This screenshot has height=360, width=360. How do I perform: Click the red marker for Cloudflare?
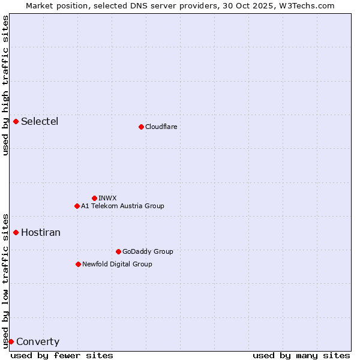click(141, 127)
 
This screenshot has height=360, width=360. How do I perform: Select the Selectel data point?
click(16, 121)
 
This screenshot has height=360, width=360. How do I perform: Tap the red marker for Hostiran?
click(16, 232)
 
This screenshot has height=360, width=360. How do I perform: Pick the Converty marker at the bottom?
click(11, 341)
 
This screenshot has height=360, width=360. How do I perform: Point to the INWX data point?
click(94, 198)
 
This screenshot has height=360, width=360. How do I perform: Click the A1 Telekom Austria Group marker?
click(77, 206)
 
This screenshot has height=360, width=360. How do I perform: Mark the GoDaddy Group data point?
click(118, 251)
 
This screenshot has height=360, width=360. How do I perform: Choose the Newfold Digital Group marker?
click(78, 264)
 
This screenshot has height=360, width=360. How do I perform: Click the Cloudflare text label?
click(161, 127)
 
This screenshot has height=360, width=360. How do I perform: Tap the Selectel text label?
click(40, 121)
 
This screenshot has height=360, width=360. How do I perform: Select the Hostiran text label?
click(41, 232)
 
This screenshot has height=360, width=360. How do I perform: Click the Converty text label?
click(38, 342)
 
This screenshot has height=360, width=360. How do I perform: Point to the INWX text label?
click(107, 198)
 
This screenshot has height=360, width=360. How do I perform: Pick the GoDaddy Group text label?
click(148, 251)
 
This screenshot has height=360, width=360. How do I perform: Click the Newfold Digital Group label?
click(117, 264)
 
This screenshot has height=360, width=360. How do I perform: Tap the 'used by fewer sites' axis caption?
click(62, 355)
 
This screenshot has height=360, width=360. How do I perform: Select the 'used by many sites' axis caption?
click(301, 355)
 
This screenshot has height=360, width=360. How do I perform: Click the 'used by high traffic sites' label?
click(5, 85)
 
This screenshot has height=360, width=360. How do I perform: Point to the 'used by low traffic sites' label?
click(5, 280)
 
